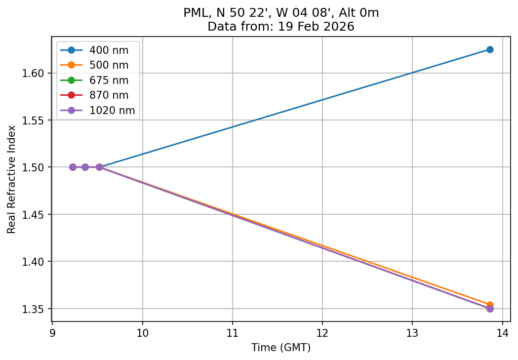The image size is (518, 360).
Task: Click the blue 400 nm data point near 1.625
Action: (x=489, y=49)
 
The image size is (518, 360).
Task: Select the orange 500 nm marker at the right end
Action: (x=489, y=305)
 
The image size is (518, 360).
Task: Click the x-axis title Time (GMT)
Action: (x=281, y=348)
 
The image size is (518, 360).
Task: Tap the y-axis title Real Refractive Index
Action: (x=12, y=179)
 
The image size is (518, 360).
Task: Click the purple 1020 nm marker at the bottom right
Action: (x=489, y=309)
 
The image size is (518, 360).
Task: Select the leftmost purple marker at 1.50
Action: (x=73, y=167)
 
